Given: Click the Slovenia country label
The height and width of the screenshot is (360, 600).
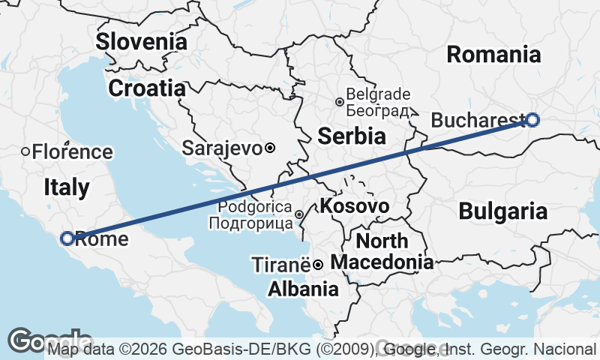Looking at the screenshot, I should pos(141,41).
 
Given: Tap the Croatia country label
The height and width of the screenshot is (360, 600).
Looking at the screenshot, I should pos(147,88).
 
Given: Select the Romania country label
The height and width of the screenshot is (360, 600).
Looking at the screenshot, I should pos(493,54).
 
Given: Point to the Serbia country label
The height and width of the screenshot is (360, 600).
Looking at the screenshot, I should pos(352,136).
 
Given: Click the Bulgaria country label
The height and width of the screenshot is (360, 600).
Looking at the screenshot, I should pos(502,211).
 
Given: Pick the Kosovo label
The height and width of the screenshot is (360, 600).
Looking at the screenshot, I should pos(355,205).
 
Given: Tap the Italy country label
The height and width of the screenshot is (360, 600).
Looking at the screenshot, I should pos(66,187).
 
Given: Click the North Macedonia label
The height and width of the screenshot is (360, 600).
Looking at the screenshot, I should pos(382,252).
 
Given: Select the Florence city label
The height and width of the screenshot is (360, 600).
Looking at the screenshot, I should pos(72,151).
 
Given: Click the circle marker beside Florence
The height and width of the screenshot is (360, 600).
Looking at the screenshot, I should pos(25,151).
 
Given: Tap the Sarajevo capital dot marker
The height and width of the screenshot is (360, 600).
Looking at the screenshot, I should pos(270,148).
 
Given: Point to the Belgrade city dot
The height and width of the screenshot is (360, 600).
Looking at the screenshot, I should pos(340,102).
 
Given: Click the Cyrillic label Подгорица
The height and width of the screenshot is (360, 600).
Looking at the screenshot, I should pos(250,223).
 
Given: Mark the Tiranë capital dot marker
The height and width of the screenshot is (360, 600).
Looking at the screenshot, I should pos(318,265).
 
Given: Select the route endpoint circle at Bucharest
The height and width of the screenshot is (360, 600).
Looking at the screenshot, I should pos(532,119).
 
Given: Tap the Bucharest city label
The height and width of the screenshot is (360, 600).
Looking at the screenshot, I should pos(477,120).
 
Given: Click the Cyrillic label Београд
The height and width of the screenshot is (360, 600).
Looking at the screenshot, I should pos(379,111).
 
